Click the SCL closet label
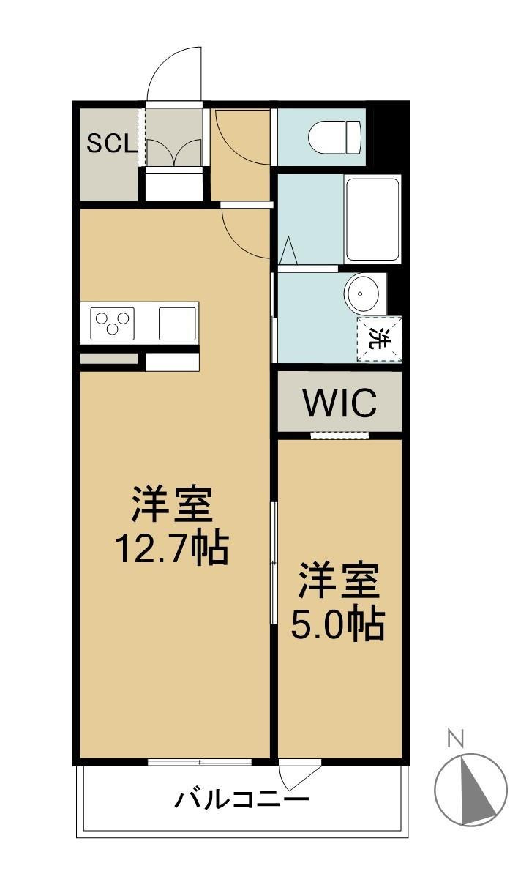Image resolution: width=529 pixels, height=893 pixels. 111,143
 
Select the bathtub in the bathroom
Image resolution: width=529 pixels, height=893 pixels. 372,219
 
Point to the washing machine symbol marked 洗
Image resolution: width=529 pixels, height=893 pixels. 378,339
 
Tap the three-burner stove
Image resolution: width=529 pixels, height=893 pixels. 112,322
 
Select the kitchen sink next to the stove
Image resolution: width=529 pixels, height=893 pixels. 177,323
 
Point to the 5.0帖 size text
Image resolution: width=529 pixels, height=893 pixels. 337,624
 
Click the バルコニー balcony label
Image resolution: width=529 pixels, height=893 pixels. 241,799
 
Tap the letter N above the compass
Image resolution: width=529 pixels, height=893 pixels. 455,739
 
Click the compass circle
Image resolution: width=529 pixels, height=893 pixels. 470,790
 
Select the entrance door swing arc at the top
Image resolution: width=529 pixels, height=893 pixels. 174,73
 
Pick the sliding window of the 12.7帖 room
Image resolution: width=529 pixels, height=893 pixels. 200,762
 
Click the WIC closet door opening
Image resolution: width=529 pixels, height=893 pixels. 339,436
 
